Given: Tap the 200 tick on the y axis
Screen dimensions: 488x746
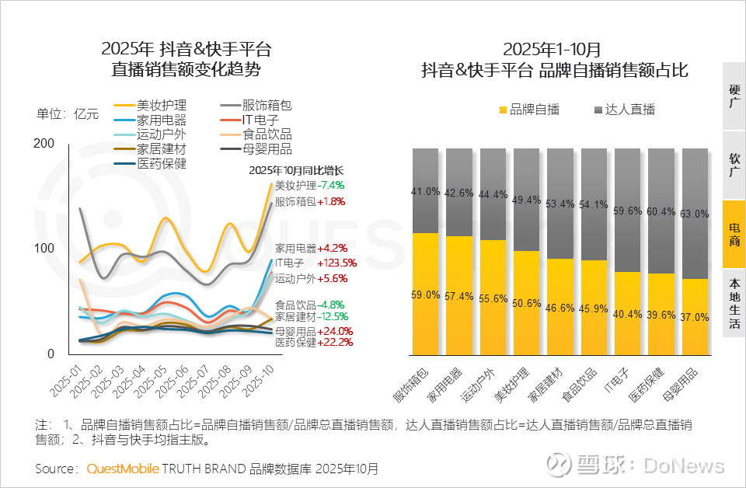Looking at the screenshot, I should [x=44, y=143].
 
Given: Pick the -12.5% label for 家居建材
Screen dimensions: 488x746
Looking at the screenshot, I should [x=333, y=316].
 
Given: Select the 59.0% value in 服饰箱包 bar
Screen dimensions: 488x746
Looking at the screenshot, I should [x=425, y=295].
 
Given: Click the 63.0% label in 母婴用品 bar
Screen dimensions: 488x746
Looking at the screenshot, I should [x=695, y=214].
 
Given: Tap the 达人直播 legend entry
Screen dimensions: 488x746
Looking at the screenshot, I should [x=624, y=110].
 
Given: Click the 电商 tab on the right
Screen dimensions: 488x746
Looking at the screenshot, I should [x=734, y=234].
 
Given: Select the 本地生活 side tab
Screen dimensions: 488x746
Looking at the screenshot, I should [x=734, y=302].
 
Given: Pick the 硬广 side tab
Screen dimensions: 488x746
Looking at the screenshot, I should [x=734, y=96].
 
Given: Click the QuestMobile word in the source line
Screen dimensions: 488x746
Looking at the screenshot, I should [x=123, y=469].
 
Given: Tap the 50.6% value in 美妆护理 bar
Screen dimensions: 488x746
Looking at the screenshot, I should [x=527, y=304].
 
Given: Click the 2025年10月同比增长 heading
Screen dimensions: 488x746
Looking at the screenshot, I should [x=296, y=170].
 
